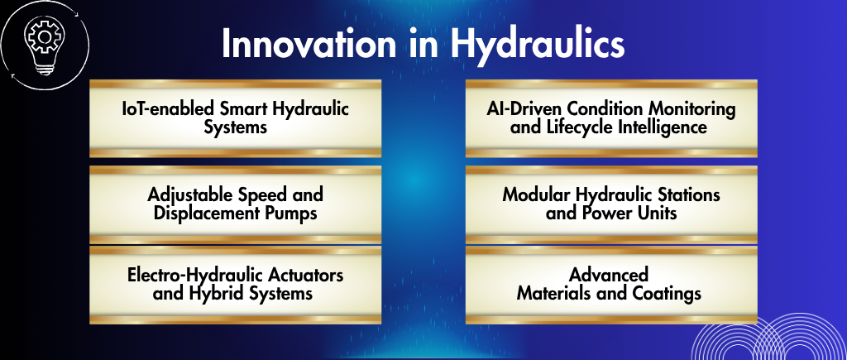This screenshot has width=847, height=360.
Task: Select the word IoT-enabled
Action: tap(168, 108)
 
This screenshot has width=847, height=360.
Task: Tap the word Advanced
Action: tap(609, 275)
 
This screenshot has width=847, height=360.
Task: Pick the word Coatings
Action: tap(668, 294)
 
